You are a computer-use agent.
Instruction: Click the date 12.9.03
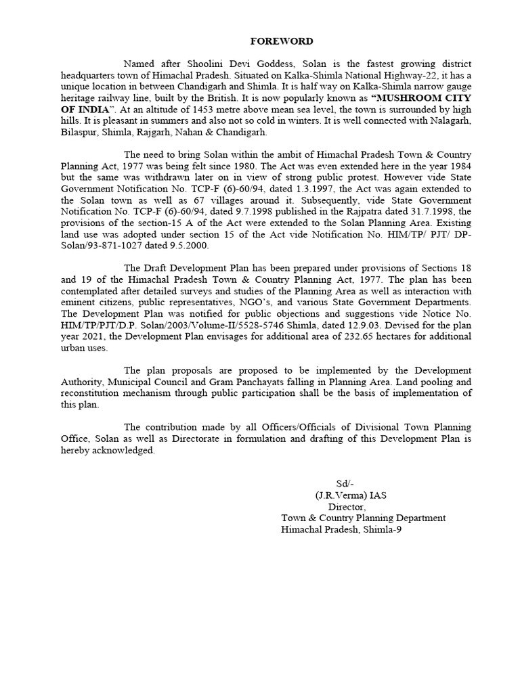(293, 326)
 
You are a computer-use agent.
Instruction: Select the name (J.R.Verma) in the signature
(339, 495)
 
